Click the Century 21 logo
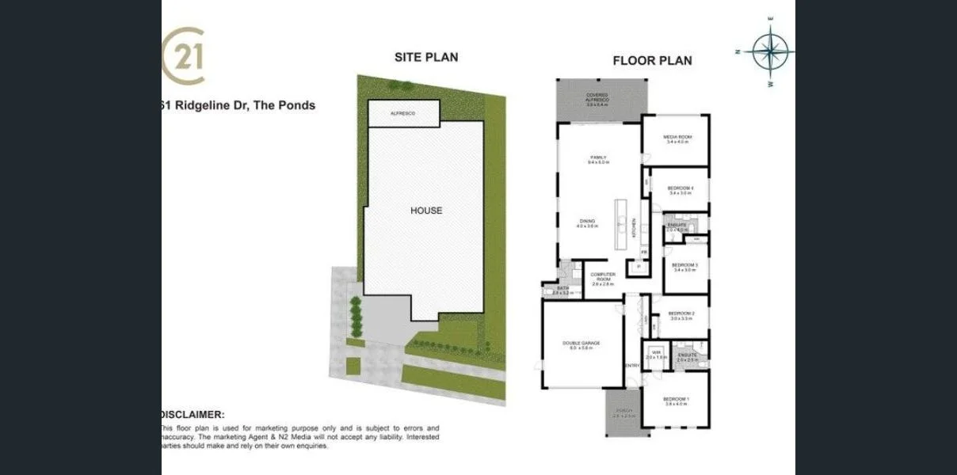(x=184, y=56)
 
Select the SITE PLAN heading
(x=426, y=57)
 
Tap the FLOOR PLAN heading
(x=652, y=60)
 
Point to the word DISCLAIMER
(x=193, y=414)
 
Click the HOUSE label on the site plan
(x=426, y=211)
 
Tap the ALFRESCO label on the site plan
(x=403, y=114)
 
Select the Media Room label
(x=676, y=137)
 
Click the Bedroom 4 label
(x=680, y=188)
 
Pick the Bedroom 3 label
(x=684, y=265)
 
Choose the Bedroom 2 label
(x=681, y=313)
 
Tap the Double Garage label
(x=581, y=344)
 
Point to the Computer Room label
(x=603, y=277)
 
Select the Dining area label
(x=586, y=222)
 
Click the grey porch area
(x=623, y=412)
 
